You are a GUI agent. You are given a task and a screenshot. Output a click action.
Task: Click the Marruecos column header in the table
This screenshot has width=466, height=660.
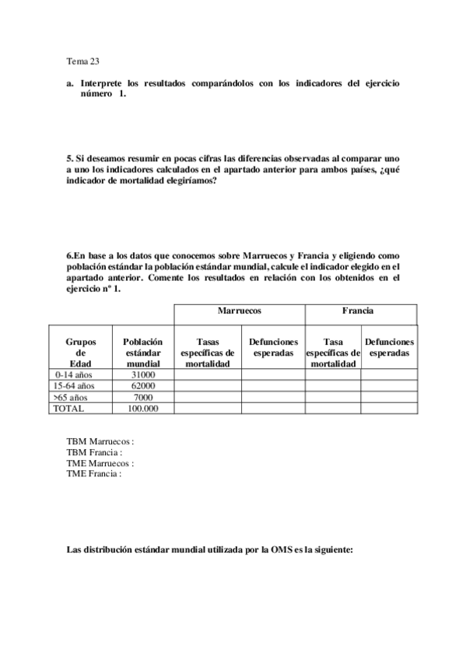coord(239,311)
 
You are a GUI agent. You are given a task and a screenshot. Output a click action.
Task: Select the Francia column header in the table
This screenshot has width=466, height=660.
coord(358,311)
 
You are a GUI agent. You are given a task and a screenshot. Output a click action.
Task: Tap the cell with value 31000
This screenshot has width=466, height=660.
coord(143,375)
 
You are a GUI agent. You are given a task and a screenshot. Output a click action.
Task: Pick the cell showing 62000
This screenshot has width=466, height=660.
coord(143,386)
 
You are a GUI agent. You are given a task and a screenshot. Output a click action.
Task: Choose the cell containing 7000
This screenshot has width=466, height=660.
coord(143,397)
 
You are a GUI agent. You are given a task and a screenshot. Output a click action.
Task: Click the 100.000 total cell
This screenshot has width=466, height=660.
coord(143,408)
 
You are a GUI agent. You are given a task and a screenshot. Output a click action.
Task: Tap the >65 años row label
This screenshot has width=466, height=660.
coord(71,397)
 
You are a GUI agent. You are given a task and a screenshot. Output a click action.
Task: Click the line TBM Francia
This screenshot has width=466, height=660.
coord(95,451)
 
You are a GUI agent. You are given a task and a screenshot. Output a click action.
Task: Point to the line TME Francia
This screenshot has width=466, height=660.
coord(94,472)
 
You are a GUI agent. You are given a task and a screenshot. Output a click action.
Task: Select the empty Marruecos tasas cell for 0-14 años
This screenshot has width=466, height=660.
coord(207,375)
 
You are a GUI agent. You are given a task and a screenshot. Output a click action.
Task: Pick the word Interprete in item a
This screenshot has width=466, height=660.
coord(102,82)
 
